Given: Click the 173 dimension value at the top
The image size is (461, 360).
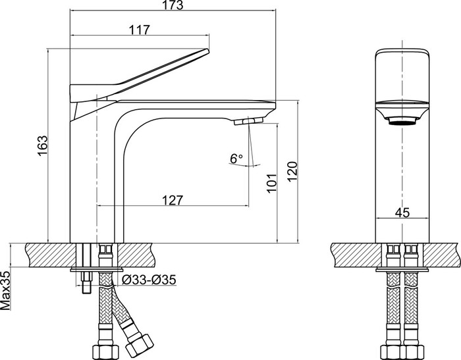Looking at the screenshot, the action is [x=172, y=5].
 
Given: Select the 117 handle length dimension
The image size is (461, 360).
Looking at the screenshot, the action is [x=140, y=30].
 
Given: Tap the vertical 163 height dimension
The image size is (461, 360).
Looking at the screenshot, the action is [x=42, y=145].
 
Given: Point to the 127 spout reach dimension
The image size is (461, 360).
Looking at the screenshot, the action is [x=173, y=200].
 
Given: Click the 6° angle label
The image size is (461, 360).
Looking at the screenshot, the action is [x=236, y=159].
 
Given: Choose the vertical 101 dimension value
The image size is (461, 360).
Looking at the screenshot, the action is [x=272, y=183].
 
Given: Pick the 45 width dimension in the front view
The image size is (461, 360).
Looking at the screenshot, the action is [x=402, y=213].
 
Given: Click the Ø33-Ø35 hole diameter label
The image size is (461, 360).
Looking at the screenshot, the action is [x=149, y=280].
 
